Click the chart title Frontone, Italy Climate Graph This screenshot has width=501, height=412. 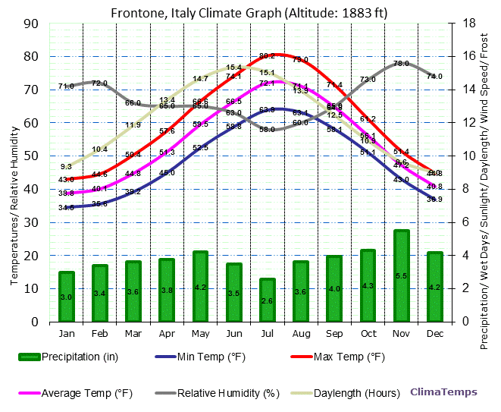pyautogui.click(x=249, y=13)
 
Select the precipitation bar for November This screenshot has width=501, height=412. pyautogui.click(x=401, y=275)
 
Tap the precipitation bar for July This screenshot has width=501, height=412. pyautogui.click(x=267, y=300)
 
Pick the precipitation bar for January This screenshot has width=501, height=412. pyautogui.click(x=67, y=297)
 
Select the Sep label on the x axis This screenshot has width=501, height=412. pyautogui.click(x=333, y=333)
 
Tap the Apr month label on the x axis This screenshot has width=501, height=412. pyautogui.click(x=167, y=333)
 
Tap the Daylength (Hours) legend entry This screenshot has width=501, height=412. pyautogui.click(x=357, y=393)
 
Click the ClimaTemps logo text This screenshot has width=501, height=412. pyautogui.click(x=444, y=392)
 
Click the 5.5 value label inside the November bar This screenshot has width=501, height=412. pyautogui.click(x=401, y=275)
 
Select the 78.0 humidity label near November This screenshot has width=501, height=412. pyautogui.click(x=401, y=64)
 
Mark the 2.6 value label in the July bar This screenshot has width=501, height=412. pyautogui.click(x=267, y=301)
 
